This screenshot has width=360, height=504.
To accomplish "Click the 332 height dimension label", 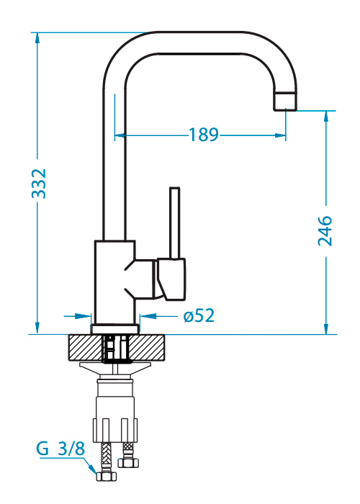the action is click(39, 184).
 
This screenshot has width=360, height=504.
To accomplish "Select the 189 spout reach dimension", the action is click(204, 135).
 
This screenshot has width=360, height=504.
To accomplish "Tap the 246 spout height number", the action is click(325, 231).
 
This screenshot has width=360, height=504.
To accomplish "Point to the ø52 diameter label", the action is click(199, 315).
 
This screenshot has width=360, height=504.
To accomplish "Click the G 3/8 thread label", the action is click(60, 449).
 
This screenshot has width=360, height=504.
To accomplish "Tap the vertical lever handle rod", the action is click(174, 222).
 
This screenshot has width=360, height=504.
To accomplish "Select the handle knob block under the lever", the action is click(171, 279).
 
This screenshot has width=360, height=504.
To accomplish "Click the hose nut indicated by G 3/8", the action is click(107, 476).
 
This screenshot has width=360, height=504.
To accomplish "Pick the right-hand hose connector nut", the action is click(128, 463).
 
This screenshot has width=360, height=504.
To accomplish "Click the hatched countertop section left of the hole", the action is click(85, 348).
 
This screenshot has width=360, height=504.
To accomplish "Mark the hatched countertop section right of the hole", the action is click(146, 348).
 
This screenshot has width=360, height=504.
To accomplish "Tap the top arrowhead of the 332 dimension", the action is click(37, 38).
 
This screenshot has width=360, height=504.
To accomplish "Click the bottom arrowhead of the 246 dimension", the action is click(326, 328).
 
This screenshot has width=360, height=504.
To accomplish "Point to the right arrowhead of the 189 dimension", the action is click(280, 135).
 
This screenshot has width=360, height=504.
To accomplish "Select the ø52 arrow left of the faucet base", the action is click(78, 316).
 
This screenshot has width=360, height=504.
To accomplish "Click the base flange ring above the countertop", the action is click(115, 329).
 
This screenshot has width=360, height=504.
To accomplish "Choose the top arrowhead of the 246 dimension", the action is click(326, 117).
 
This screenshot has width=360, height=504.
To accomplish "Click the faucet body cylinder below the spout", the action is click(114, 282).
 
